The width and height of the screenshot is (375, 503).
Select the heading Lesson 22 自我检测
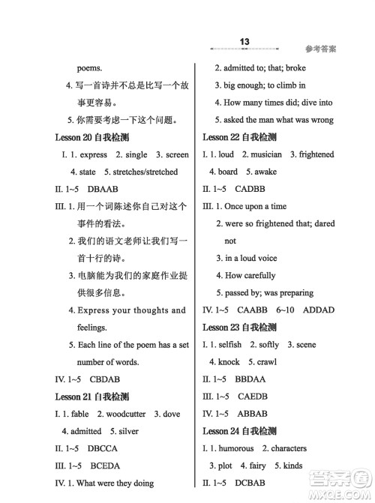tap(239, 137)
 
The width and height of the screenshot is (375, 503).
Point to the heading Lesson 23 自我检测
tap(239, 327)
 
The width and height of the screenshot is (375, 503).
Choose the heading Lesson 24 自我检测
tap(239, 431)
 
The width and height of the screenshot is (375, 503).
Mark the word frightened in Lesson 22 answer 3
tap(315, 154)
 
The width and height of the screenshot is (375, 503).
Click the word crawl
tap(286, 362)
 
